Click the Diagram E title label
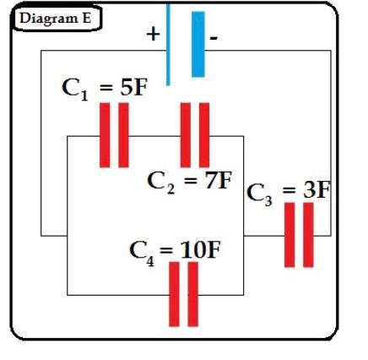pyautogui.click(x=55, y=18)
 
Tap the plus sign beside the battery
pyautogui.click(x=153, y=34)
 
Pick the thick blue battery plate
pyautogui.click(x=198, y=44)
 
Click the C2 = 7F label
pyautogui.click(x=189, y=180)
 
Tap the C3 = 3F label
pyautogui.click(x=288, y=191)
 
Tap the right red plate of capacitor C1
pyautogui.click(x=123, y=134)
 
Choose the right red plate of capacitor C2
pyautogui.click(x=203, y=134)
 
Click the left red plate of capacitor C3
pyautogui.click(x=290, y=235)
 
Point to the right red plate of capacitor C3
pyautogui.click(x=309, y=235)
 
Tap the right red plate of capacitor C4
pyautogui.click(x=192, y=293)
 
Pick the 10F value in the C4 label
pyautogui.click(x=203, y=250)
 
